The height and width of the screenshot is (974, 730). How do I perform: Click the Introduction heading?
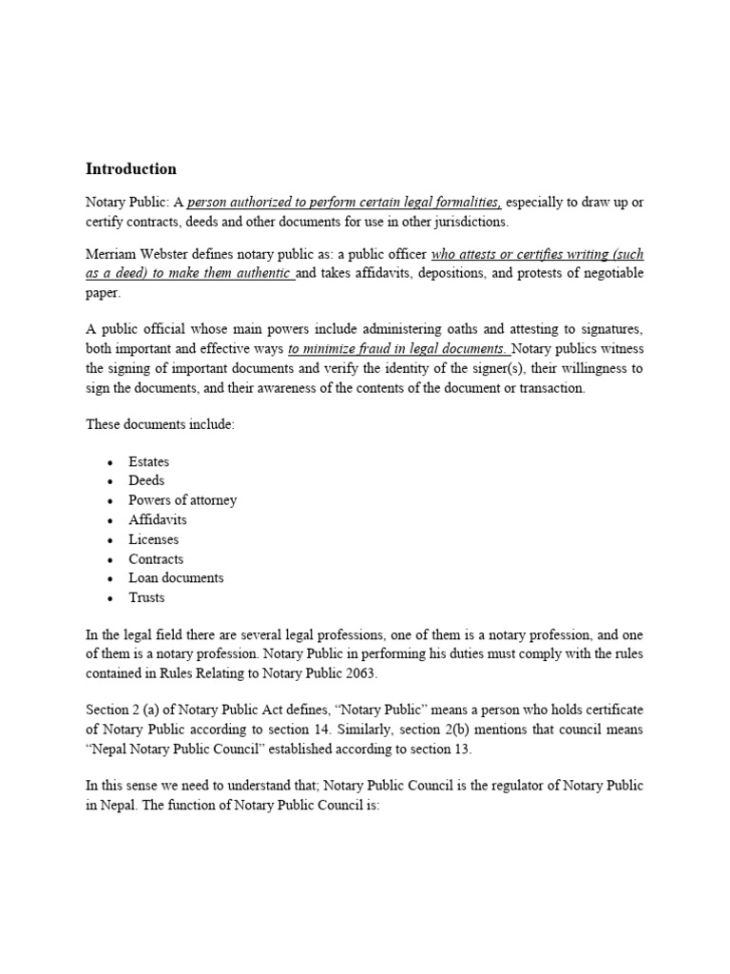tap(131, 169)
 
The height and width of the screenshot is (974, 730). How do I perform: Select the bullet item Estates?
tap(148, 461)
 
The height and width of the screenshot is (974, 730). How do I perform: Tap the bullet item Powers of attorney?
tap(182, 500)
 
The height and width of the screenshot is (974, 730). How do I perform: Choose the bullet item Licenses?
tap(153, 539)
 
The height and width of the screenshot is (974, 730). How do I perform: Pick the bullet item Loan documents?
tap(176, 578)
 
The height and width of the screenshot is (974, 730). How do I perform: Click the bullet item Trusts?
tap(146, 598)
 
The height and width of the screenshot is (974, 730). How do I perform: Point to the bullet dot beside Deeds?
tap(110, 481)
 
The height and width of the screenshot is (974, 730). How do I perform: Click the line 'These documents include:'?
tap(160, 424)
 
